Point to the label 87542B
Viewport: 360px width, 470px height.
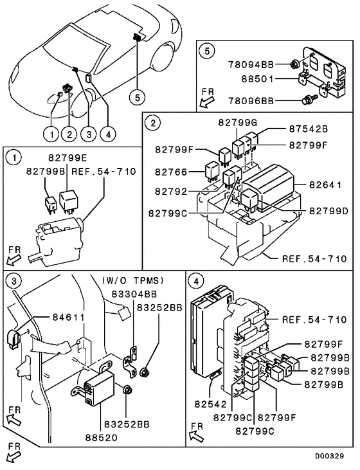coord(309,129)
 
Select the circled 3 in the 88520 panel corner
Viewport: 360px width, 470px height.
coord(12,280)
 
